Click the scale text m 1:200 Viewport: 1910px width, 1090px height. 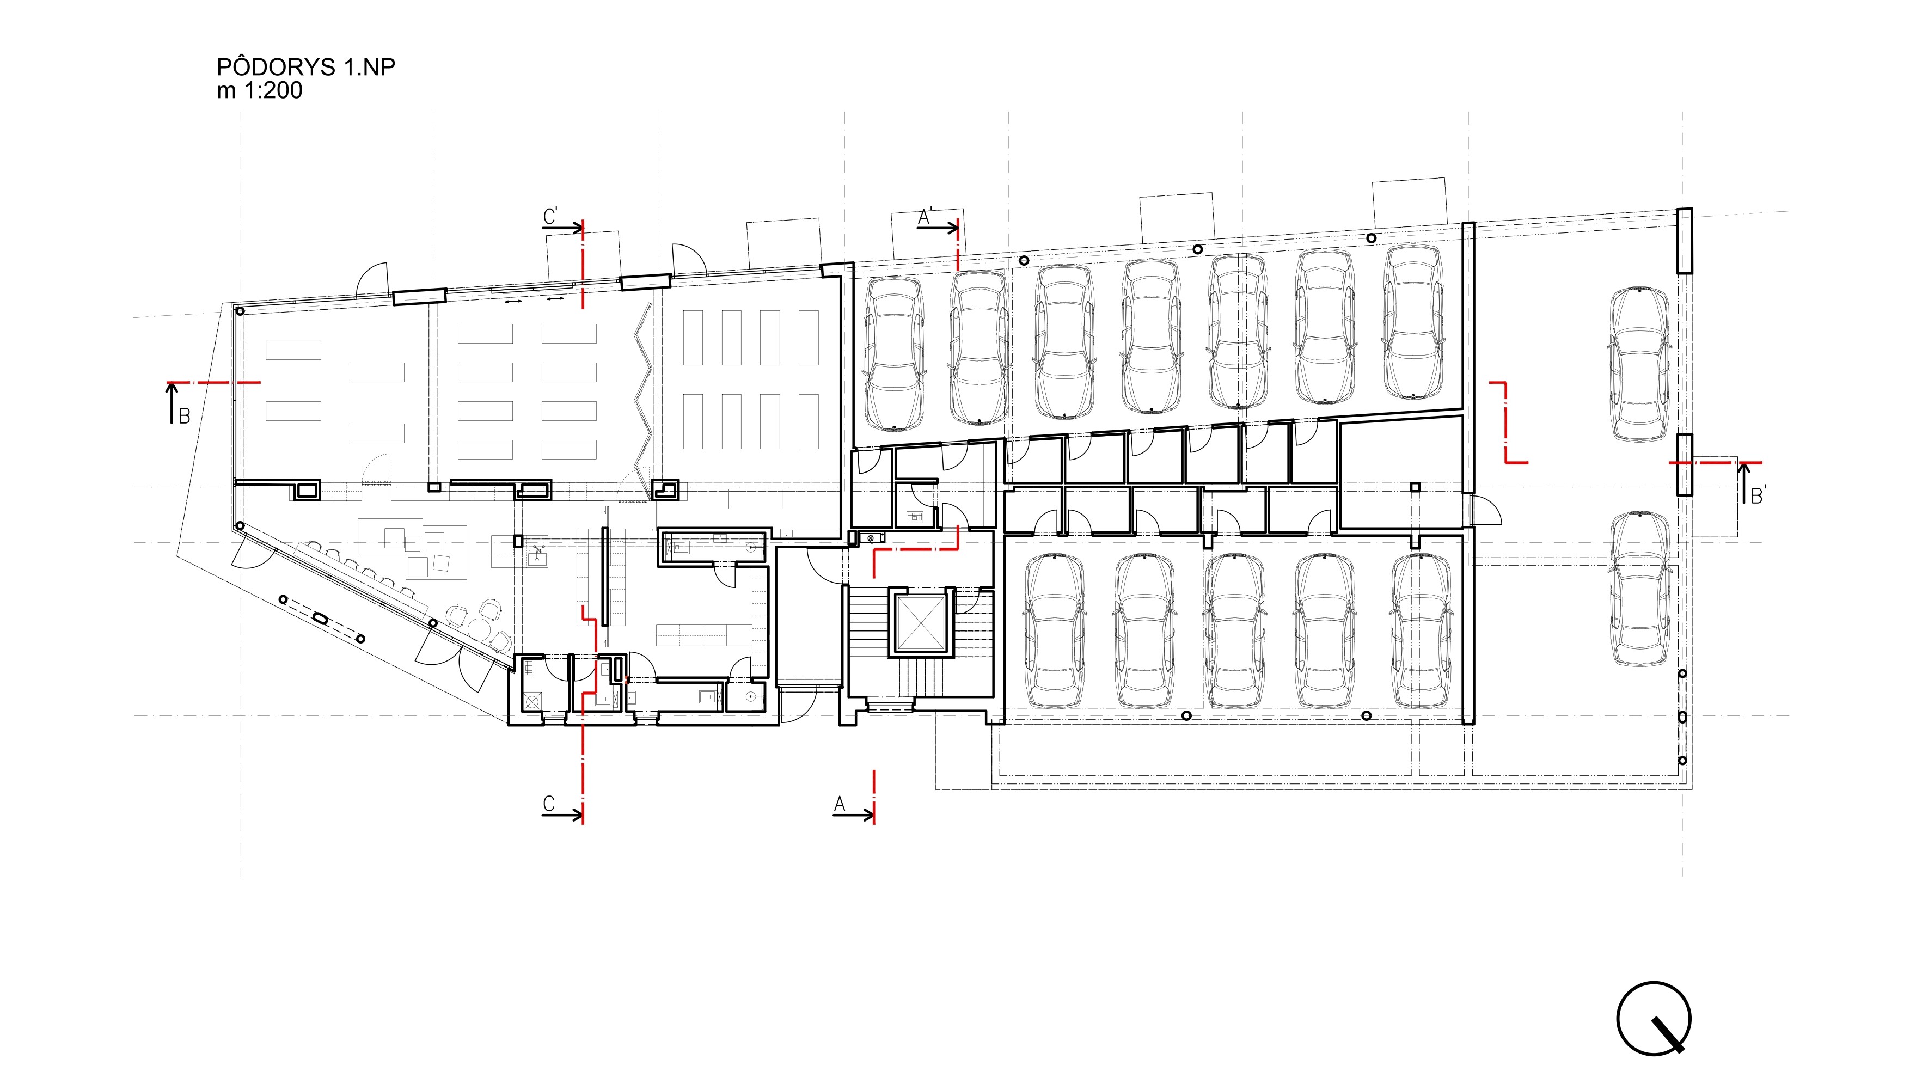coord(260,90)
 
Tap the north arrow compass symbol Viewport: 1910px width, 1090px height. coord(1654,1018)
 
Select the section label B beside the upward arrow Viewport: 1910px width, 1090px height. coord(184,416)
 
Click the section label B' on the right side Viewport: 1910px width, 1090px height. coord(1758,495)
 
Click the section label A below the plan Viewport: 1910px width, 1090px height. coord(840,804)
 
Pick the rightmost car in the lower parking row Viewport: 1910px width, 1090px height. coord(1421,631)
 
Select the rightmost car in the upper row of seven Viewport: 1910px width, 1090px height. coord(1412,321)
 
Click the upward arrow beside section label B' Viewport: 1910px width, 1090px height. coord(1744,483)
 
